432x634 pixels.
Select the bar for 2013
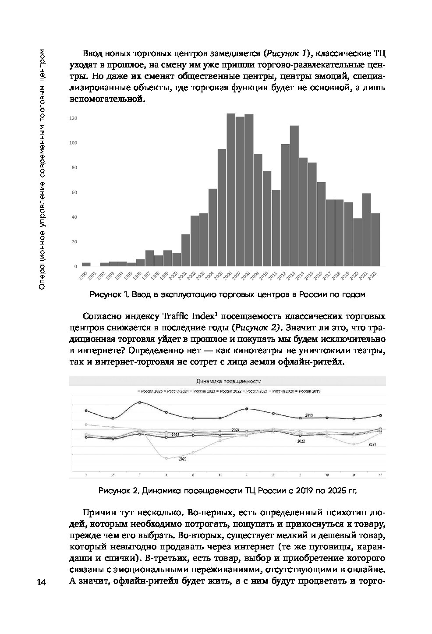(x=294, y=196)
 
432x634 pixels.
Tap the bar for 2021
(x=366, y=230)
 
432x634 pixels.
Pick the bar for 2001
(x=186, y=250)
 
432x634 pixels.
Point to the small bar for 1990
(x=86, y=264)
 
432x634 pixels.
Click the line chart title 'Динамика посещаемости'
(x=227, y=381)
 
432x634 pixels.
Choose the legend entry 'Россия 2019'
(x=309, y=391)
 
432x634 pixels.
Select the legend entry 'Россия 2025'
(x=150, y=391)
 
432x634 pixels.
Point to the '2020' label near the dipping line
(x=183, y=459)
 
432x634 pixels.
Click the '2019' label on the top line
(x=308, y=415)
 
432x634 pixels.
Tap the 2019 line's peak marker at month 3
(x=140, y=402)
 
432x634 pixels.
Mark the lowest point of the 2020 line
(x=166, y=458)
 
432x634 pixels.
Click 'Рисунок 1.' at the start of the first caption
(x=108, y=295)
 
